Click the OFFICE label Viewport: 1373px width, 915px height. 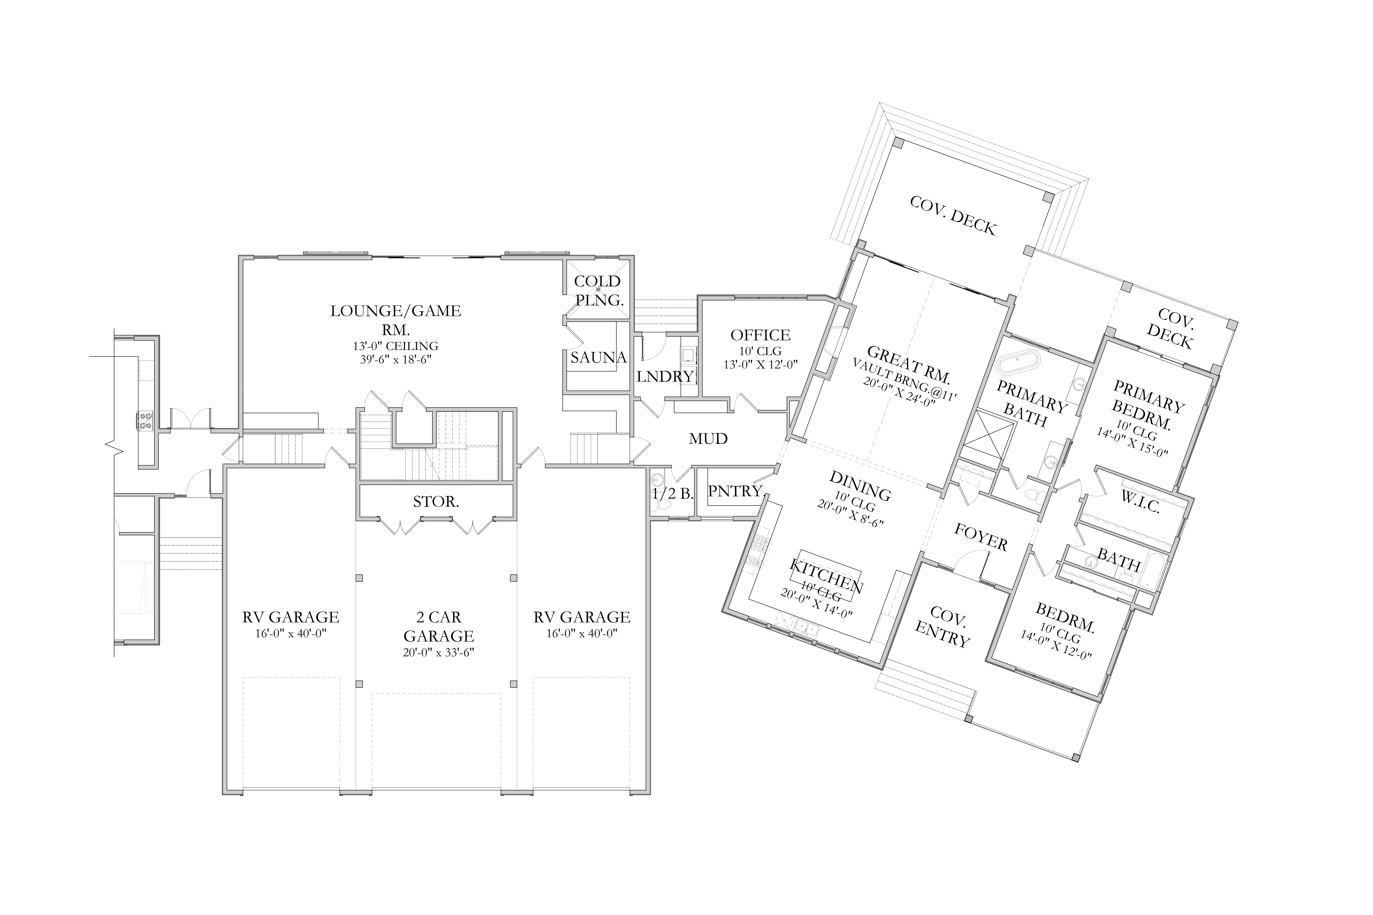click(761, 335)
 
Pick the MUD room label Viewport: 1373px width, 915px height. click(708, 439)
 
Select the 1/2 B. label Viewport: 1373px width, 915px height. click(673, 494)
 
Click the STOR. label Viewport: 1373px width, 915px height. click(436, 502)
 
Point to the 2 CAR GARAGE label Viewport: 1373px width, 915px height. click(438, 626)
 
